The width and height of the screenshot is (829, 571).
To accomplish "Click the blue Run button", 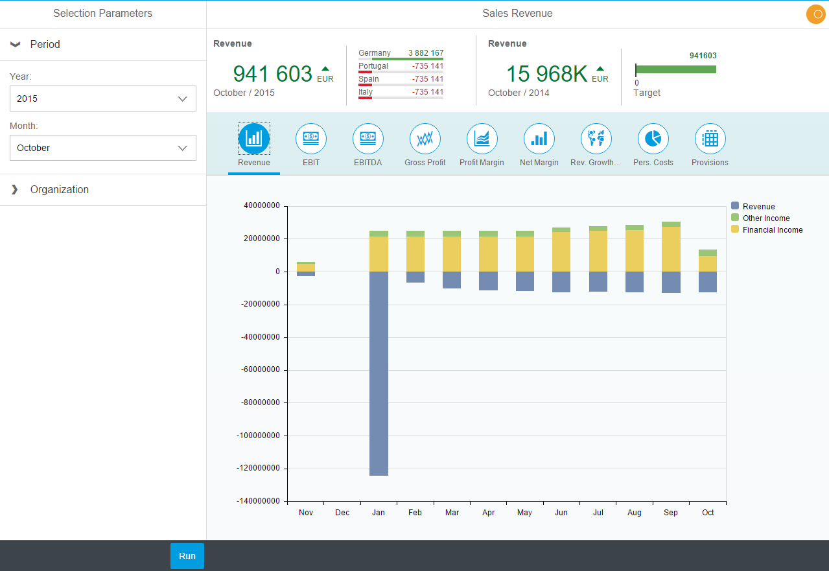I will click(187, 556).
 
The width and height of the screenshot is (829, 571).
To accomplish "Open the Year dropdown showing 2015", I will click(103, 99).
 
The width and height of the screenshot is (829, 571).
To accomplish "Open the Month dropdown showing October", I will click(103, 148).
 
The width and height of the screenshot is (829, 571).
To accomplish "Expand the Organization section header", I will click(59, 190).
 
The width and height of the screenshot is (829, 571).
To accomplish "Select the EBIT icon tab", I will click(311, 139).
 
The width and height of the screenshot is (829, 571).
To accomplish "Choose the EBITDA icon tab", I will click(368, 139).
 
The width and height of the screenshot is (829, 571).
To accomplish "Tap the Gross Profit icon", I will click(425, 139).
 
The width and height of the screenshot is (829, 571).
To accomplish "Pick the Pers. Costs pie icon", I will click(653, 139).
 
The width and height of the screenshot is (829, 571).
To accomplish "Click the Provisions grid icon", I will click(710, 139).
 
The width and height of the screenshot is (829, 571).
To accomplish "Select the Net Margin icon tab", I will click(539, 139).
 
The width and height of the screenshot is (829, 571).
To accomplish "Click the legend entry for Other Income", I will click(765, 218).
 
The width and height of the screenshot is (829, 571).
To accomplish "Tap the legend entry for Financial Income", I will click(772, 230).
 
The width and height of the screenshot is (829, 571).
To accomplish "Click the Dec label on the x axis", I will click(342, 513).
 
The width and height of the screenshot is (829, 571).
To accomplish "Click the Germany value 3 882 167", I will click(425, 53).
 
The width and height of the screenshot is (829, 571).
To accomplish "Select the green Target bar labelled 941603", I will click(676, 69).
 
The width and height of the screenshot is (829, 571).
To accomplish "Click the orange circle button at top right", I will click(815, 14).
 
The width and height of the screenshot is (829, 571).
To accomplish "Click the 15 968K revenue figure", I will click(546, 74).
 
